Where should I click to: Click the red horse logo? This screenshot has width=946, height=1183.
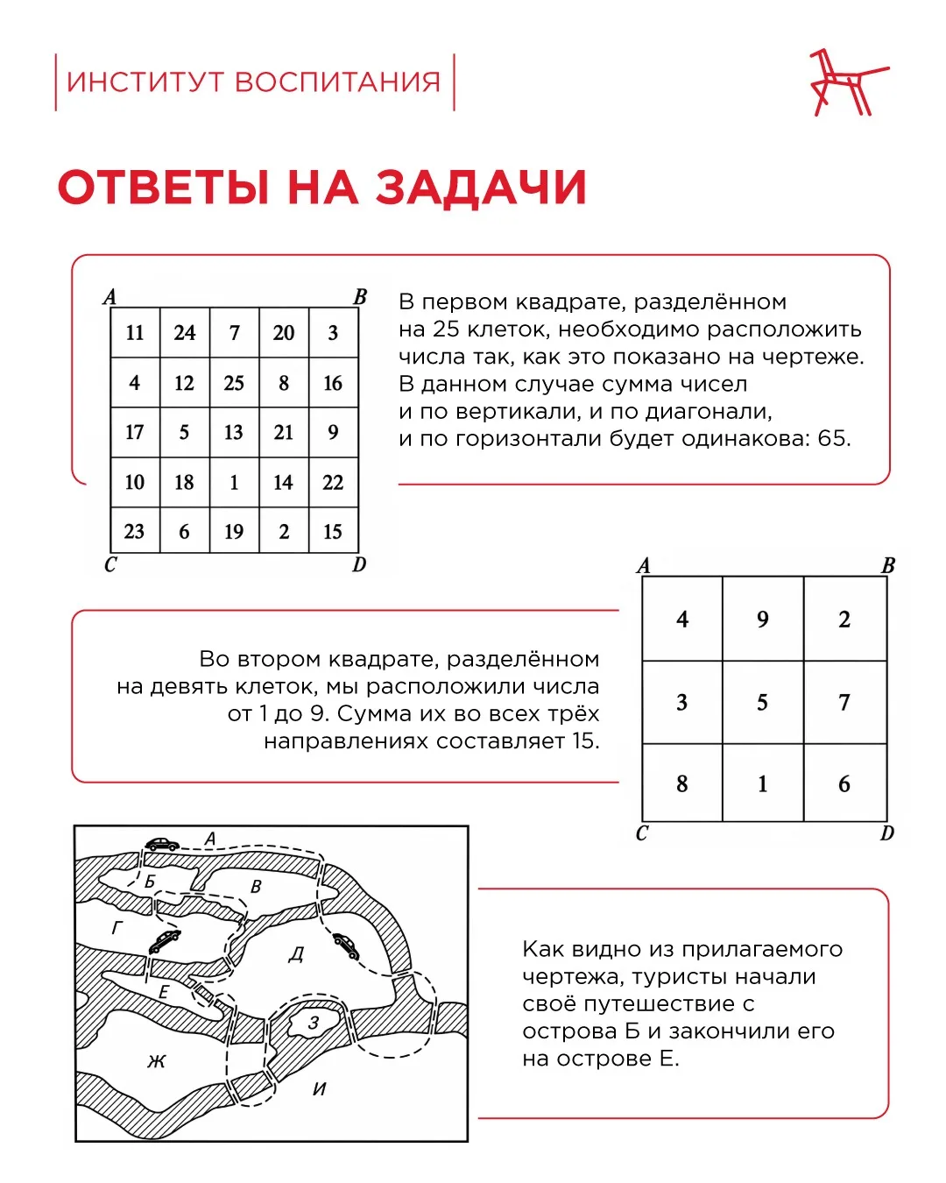(849, 82)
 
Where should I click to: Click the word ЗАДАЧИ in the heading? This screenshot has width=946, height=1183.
(481, 188)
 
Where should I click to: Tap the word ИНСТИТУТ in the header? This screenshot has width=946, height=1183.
(145, 81)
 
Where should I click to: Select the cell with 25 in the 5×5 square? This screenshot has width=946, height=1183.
(234, 383)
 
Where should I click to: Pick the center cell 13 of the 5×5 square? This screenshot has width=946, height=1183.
(234, 432)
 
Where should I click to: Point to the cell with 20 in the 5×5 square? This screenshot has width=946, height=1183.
(284, 333)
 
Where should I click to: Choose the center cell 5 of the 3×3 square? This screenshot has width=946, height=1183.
(762, 702)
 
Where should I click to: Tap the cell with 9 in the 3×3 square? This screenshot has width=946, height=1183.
(762, 619)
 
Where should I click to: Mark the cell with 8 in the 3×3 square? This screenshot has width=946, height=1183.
(682, 783)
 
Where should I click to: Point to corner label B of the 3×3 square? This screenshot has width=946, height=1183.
(887, 565)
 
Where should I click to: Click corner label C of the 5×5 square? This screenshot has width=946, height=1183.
(110, 564)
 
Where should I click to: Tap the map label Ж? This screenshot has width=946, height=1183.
(157, 1059)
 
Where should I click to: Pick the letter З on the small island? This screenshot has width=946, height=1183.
(314, 1023)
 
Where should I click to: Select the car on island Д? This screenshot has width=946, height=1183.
(346, 946)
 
